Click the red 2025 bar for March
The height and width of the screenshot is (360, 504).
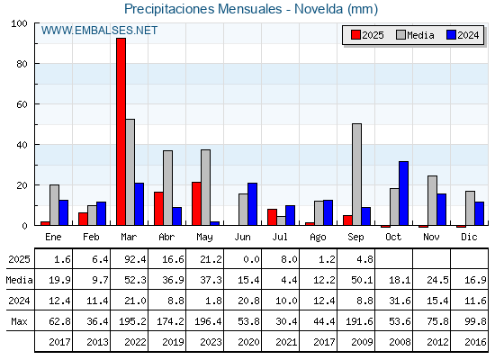coord(121,131)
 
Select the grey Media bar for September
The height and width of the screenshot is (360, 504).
coord(356,175)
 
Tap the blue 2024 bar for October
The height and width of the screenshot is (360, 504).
coord(404,193)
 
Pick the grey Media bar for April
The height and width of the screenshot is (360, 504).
coord(167,188)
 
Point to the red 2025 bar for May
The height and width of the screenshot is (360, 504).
coord(197,203)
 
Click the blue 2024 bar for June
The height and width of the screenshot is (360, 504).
coord(252,204)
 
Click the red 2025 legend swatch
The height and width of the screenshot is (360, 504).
coord(355,35)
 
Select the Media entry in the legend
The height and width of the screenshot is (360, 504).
coord(415,35)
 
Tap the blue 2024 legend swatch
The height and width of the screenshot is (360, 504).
coord(451,35)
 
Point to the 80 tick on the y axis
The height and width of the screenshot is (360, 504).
coord(22,64)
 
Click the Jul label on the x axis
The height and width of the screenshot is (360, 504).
coord(280,237)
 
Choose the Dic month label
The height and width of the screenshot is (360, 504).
coord(469,237)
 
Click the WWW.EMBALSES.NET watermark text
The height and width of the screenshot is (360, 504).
coord(99,31)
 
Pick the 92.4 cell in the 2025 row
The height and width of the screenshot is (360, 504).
coord(135,259)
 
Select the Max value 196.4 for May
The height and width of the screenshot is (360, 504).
coord(208,321)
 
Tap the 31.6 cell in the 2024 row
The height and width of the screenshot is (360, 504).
coord(400,301)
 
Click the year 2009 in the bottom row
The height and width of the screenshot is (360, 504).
coord(362,342)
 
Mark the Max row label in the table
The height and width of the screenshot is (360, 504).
coord(19,321)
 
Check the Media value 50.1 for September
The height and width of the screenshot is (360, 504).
coord(362,280)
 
